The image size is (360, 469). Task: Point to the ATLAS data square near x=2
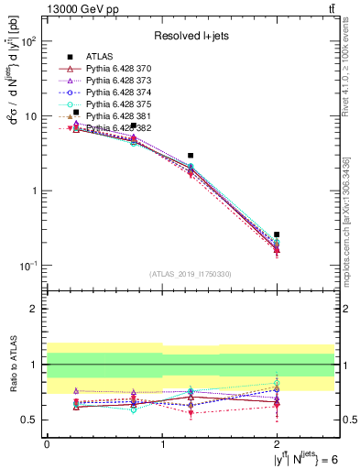278,234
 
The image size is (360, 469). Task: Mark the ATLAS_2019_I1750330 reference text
191,274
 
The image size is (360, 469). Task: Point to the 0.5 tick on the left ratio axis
34,420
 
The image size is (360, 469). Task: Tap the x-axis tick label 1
162,444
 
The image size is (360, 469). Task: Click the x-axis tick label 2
278,444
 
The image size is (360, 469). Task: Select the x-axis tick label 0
47,444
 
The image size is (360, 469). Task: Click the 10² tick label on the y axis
29,42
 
